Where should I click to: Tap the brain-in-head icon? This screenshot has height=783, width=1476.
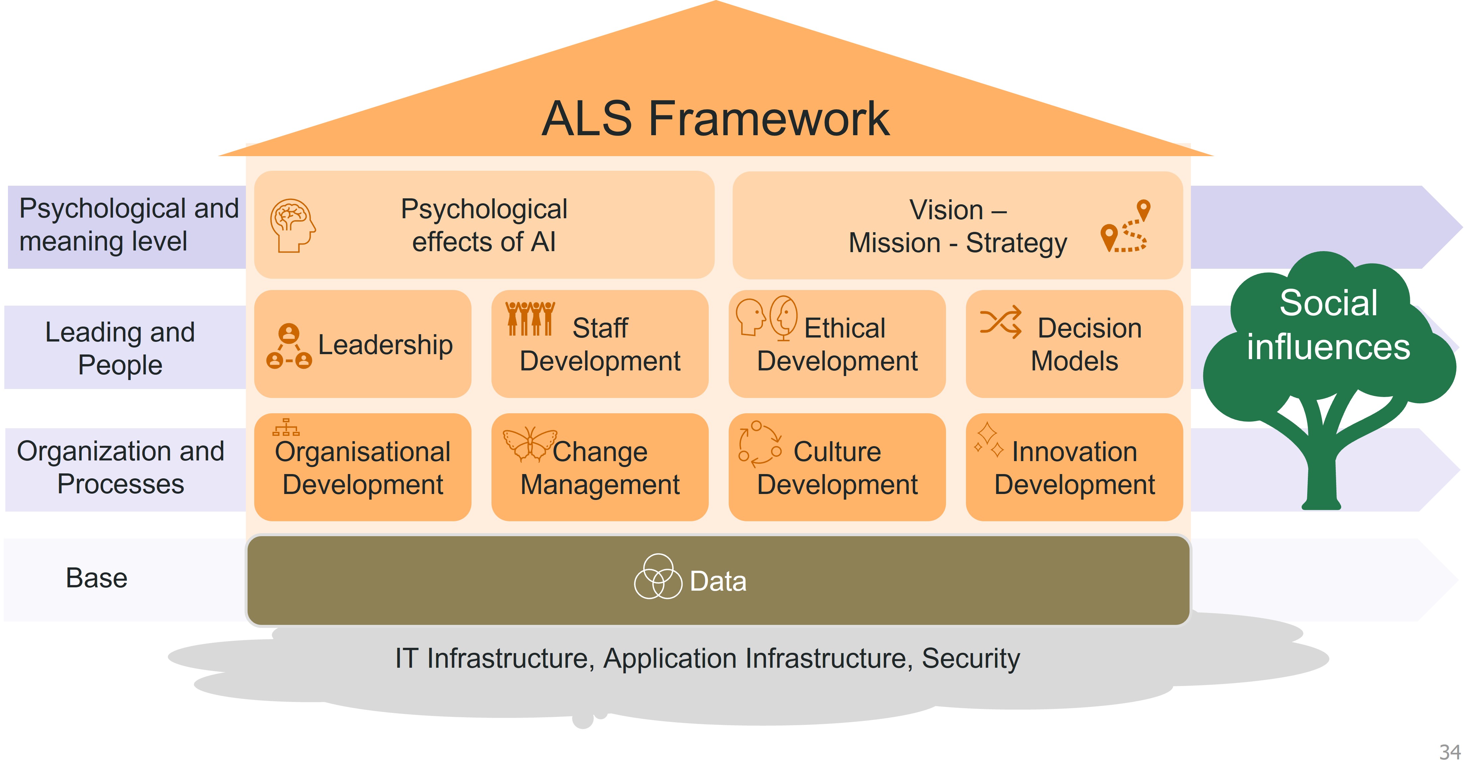(292, 225)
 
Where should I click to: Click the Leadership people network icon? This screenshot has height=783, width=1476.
(289, 346)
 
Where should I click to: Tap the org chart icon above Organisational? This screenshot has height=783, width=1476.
(286, 427)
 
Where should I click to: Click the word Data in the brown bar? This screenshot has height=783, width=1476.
(718, 581)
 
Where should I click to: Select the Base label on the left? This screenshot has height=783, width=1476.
(96, 578)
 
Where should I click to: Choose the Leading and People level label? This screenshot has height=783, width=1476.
(120, 348)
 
